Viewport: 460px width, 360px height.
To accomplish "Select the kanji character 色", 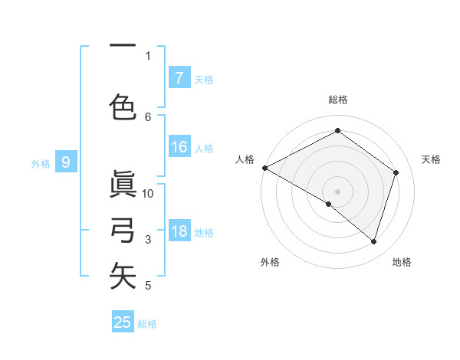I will tap(123, 106).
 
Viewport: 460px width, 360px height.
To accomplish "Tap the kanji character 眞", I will tap(123, 185).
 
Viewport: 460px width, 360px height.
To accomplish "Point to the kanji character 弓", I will tap(123, 230).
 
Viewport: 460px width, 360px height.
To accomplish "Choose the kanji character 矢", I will tap(123, 276).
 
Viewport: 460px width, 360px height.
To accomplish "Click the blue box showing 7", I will tap(179, 77).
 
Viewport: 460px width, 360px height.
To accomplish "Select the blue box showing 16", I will tap(179, 147).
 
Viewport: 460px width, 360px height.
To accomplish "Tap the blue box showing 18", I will tap(179, 231).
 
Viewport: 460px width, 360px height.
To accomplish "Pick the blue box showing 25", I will tap(123, 322).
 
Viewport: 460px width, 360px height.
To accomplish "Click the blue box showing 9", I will tap(66, 162).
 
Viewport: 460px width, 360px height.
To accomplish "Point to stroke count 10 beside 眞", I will tap(148, 194).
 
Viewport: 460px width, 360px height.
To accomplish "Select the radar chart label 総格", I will tap(337, 100).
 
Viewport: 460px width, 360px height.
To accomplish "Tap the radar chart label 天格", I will tap(431, 159).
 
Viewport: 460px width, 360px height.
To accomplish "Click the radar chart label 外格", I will tap(270, 262).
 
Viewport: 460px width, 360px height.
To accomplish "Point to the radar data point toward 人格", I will tap(264, 168).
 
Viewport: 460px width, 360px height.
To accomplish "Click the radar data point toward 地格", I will tap(373, 241).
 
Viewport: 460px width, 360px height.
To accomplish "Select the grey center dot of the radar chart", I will tap(337, 191).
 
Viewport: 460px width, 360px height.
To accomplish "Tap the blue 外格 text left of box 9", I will tap(40, 163).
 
